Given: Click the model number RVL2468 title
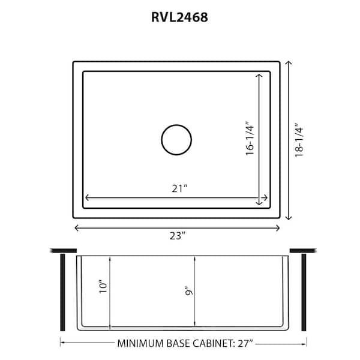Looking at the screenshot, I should (179, 17).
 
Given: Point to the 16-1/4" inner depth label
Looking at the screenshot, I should (250, 139).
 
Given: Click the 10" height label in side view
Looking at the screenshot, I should (103, 286).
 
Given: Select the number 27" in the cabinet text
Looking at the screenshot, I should (244, 343).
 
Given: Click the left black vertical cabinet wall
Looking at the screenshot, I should (62, 292).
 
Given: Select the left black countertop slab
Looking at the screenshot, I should (64, 250).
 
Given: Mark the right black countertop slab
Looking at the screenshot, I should (302, 250).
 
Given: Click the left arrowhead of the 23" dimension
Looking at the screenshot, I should (76, 227).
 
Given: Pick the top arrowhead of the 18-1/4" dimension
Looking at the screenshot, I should (289, 64).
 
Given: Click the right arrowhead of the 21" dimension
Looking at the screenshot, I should (265, 197).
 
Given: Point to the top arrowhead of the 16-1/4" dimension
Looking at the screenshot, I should (260, 76).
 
